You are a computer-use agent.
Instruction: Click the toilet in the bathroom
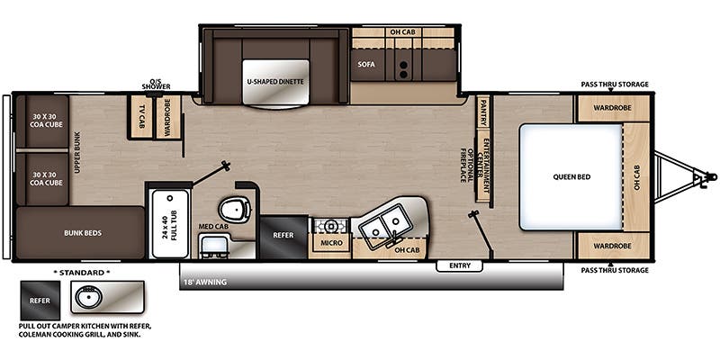pyautogui.click(x=235, y=210)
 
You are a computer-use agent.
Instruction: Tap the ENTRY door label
pyautogui.click(x=460, y=265)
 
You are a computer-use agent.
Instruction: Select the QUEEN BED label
pyautogui.click(x=571, y=176)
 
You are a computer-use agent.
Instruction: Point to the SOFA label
pyautogui.click(x=366, y=64)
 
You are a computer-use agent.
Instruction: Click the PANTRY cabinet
pyautogui.click(x=483, y=111)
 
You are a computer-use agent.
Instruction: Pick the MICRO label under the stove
pyautogui.click(x=331, y=242)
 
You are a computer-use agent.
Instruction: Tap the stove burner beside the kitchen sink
pyautogui.click(x=330, y=226)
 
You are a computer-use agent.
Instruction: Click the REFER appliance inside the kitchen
pyautogui.click(x=283, y=237)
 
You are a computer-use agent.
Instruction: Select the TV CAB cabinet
pyautogui.click(x=142, y=117)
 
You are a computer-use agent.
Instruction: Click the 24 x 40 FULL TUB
pyautogui.click(x=170, y=223)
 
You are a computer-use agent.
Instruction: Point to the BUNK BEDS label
pyautogui.click(x=83, y=233)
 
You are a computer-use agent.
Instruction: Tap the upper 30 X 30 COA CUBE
pyautogui.click(x=48, y=121)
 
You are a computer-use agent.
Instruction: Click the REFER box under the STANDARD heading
pyautogui.click(x=40, y=301)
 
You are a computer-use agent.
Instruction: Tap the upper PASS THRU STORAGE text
pyautogui.click(x=615, y=84)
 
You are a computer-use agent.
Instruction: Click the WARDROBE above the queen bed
pyautogui.click(x=606, y=108)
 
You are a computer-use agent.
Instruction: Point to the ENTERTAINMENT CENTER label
pyautogui.click(x=483, y=166)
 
